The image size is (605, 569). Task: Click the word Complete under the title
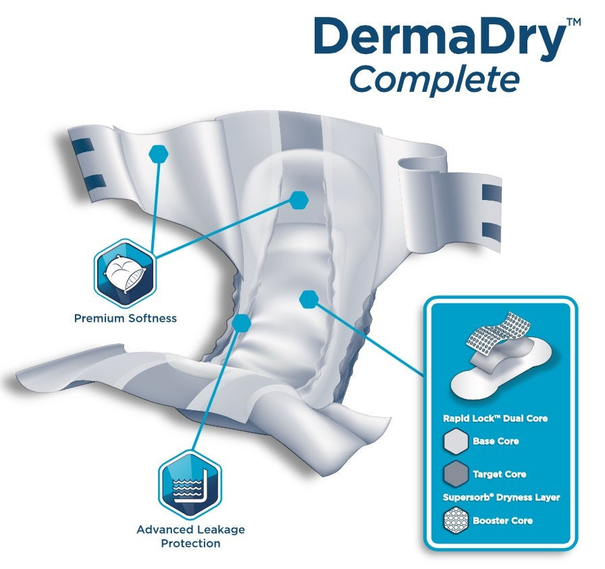pos(434,80)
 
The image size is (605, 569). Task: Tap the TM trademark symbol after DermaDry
pos(574,22)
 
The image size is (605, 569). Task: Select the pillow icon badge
pos(124,273)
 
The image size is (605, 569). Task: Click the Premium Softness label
pos(126,318)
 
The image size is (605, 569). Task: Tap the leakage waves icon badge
pos(190,485)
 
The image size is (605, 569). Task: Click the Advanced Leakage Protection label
pos(190,536)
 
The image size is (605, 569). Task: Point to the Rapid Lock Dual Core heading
pos(495,418)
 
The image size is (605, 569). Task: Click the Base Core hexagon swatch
pos(456,441)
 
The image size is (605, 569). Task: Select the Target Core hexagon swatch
pos(456,474)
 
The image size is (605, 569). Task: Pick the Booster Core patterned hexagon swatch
pos(456,520)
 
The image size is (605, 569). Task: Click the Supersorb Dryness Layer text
pos(501,497)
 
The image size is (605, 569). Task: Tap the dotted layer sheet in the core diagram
pos(498,330)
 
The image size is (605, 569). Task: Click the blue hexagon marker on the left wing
pos(158,154)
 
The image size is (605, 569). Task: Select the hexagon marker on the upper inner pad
pos(298,200)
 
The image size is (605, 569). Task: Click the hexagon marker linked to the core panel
pos(309,299)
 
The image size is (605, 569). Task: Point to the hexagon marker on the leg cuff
pos(242,323)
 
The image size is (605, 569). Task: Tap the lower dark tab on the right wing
pos(492,230)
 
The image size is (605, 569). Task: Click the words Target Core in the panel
pos(499,474)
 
